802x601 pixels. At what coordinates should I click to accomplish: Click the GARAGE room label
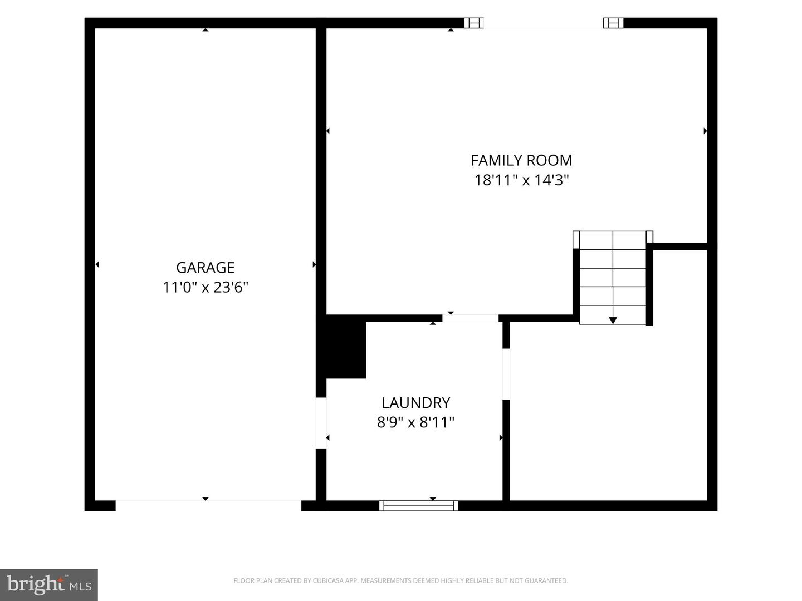pyautogui.click(x=206, y=268)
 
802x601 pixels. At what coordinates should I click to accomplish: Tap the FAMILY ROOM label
pyautogui.click(x=521, y=161)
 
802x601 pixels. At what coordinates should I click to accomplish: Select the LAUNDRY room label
pyautogui.click(x=416, y=403)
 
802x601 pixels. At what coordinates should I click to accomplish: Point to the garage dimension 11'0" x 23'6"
pyautogui.click(x=206, y=288)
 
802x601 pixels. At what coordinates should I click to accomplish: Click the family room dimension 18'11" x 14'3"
pyautogui.click(x=521, y=180)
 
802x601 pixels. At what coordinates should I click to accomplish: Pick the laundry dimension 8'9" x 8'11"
pyautogui.click(x=416, y=422)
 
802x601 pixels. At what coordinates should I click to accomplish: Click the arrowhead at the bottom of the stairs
pyautogui.click(x=613, y=321)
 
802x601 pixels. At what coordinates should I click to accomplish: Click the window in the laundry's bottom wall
pyautogui.click(x=418, y=506)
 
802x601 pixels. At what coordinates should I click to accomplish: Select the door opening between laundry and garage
pyautogui.click(x=321, y=423)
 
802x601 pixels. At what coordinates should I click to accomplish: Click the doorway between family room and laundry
pyautogui.click(x=470, y=318)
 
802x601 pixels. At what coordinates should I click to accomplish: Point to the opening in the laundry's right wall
pyautogui.click(x=506, y=374)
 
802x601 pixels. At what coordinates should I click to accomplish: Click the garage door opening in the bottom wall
pyautogui.click(x=208, y=505)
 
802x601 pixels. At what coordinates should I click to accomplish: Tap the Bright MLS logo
pyautogui.click(x=49, y=584)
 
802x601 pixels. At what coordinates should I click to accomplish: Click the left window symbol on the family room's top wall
pyautogui.click(x=474, y=23)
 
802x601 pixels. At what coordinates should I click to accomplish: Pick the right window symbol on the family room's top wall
pyautogui.click(x=613, y=23)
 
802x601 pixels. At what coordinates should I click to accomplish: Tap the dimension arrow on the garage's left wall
pyautogui.click(x=97, y=264)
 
